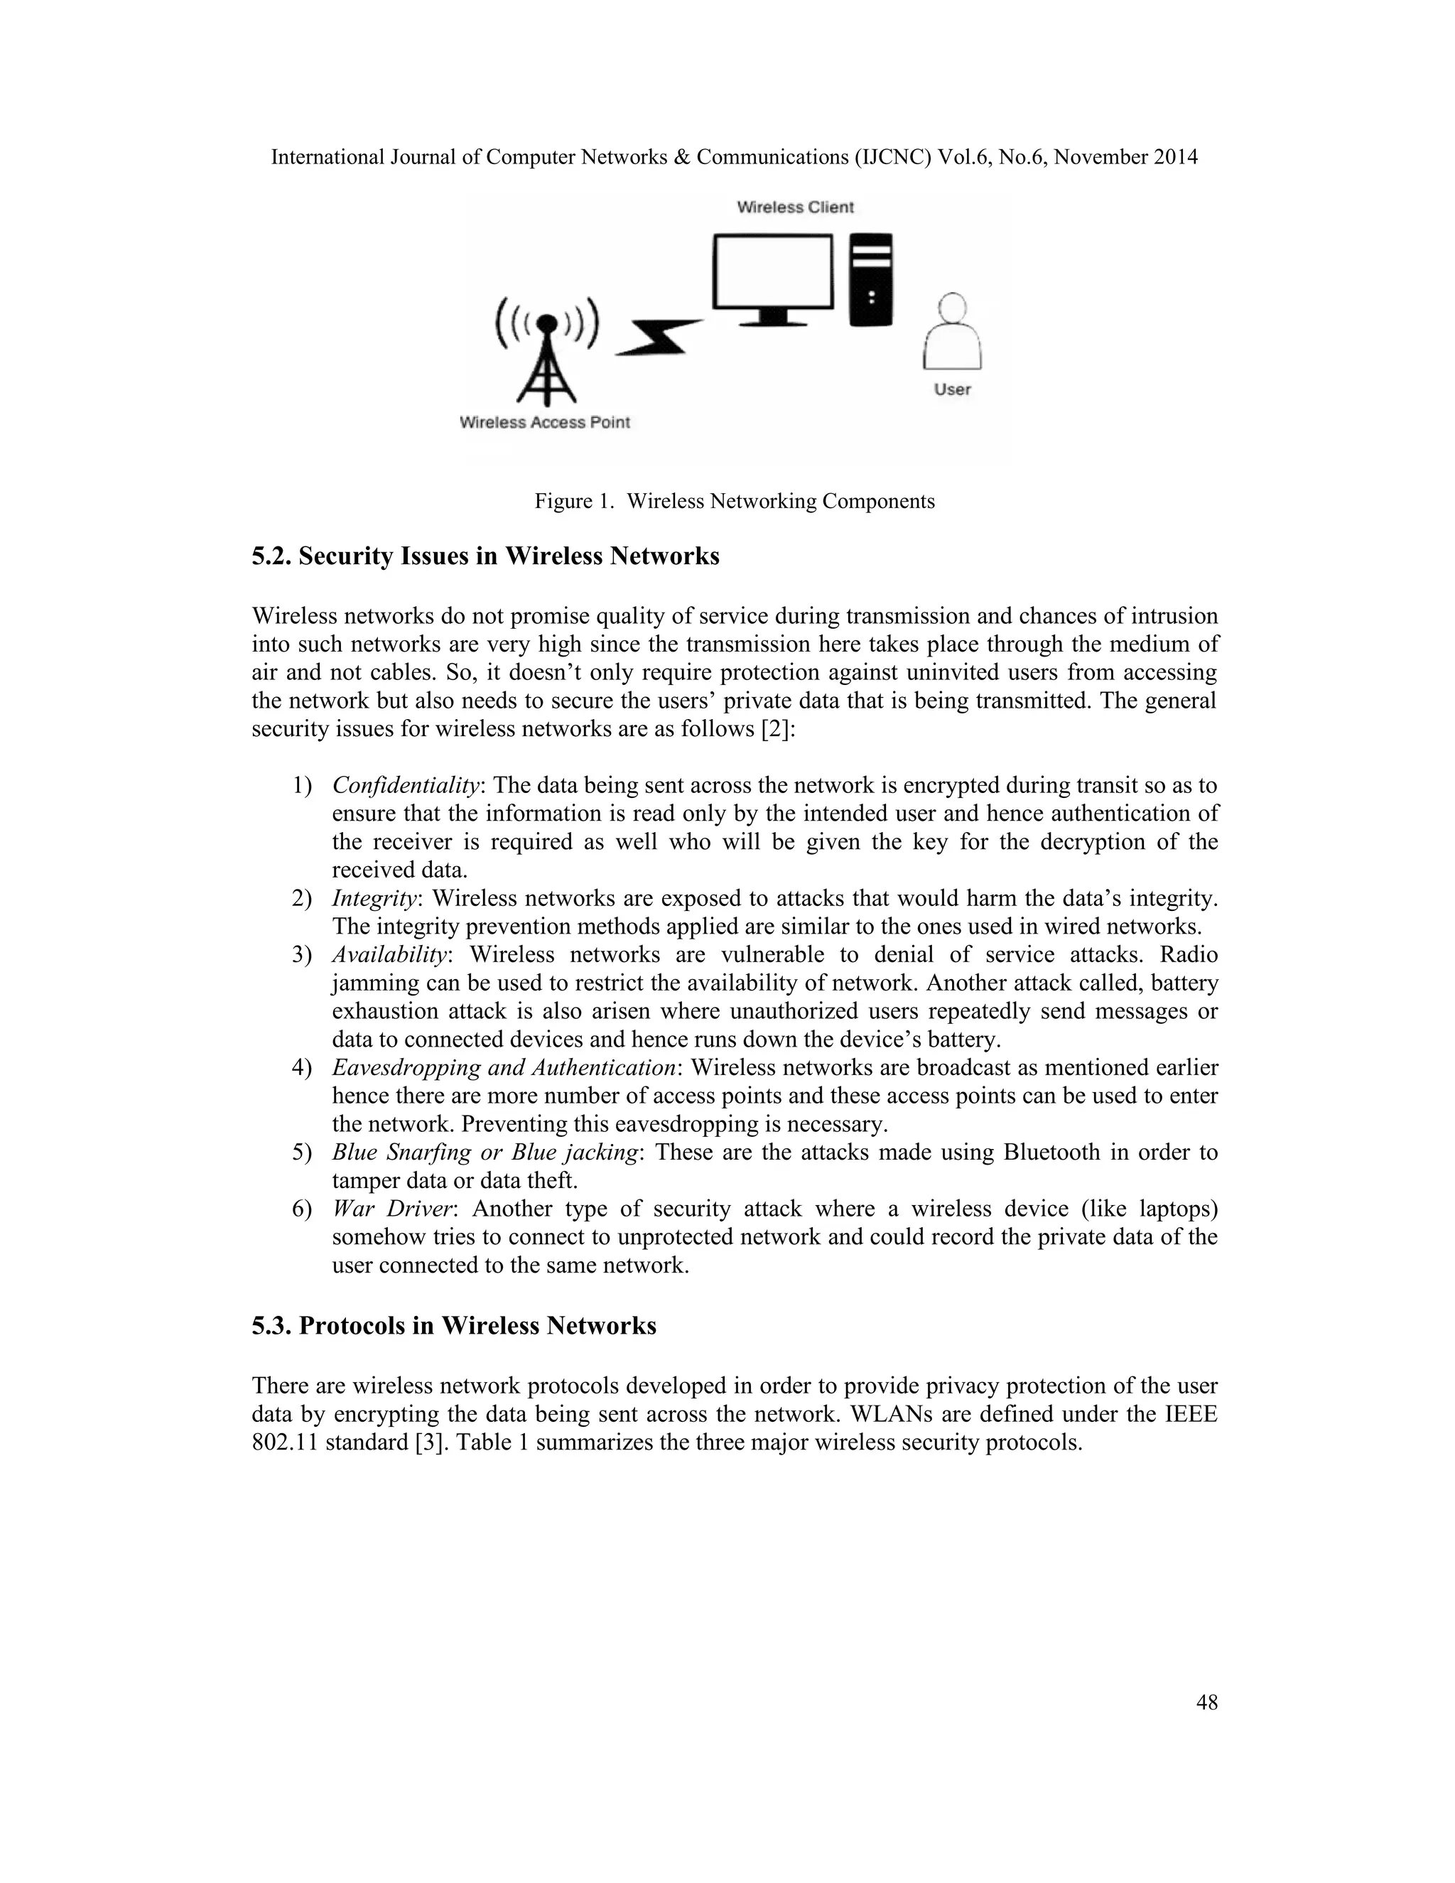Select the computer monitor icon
[x=773, y=279]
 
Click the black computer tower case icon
[x=872, y=280]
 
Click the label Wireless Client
[x=795, y=207]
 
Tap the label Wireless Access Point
[x=545, y=423]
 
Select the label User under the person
[x=953, y=389]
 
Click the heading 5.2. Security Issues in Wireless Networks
[x=485, y=557]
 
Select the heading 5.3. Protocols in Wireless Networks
[x=453, y=1326]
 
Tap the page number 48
[x=1207, y=1703]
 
